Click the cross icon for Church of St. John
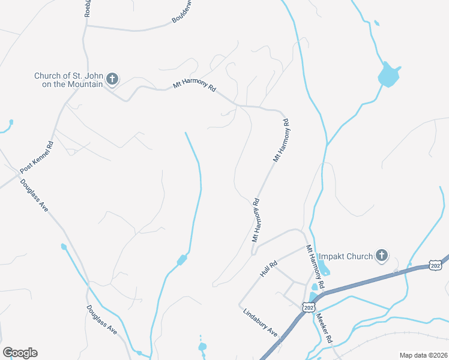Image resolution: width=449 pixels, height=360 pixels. click(x=112, y=79)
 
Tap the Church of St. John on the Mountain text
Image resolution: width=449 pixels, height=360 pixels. click(x=69, y=80)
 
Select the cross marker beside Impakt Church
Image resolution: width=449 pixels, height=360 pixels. click(x=381, y=257)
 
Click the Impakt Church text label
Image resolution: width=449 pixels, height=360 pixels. click(x=345, y=257)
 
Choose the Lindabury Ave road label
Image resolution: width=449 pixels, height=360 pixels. click(x=261, y=322)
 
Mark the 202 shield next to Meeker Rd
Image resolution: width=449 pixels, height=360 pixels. click(x=309, y=307)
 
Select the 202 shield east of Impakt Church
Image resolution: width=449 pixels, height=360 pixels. click(x=436, y=266)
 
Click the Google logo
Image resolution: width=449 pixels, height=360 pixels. click(x=20, y=353)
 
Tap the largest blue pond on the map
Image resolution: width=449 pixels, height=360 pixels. click(x=388, y=74)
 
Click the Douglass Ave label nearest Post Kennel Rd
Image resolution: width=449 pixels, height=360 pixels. click(x=34, y=195)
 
